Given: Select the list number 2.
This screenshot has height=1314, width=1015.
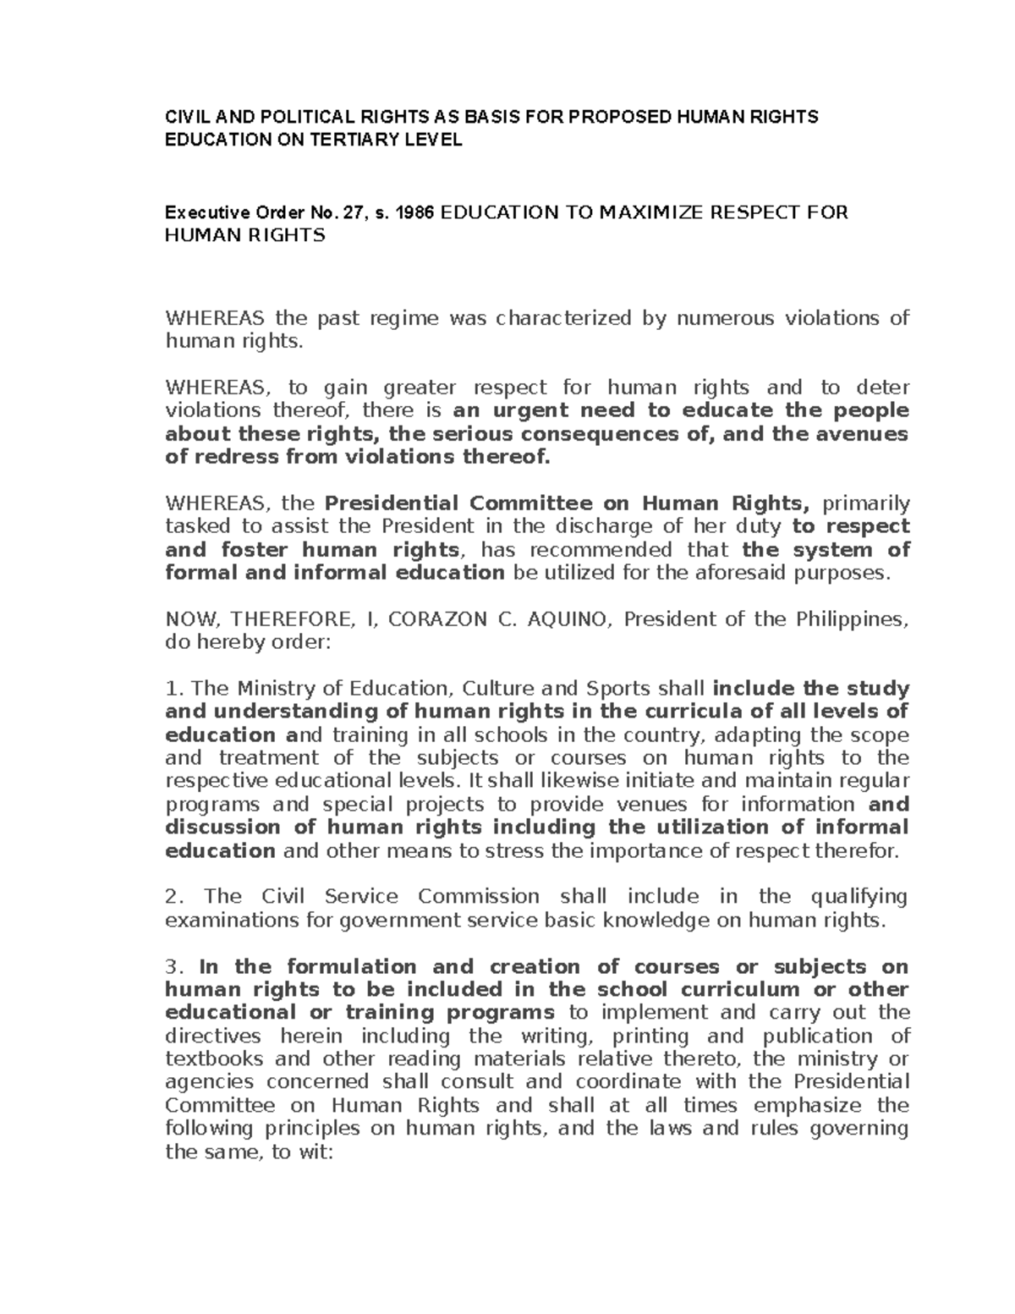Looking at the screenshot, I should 172,897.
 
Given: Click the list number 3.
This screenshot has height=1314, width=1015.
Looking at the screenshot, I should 172,967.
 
